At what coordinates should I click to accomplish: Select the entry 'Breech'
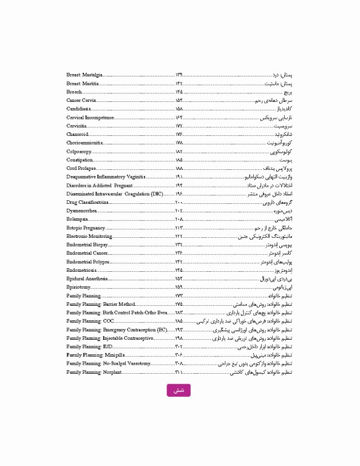point(74,91)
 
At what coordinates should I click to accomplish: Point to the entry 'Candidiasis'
point(78,108)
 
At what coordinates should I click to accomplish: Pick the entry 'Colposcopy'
point(79,150)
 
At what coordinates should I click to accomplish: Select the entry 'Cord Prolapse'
point(81,167)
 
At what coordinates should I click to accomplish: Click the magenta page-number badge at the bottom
point(178,391)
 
